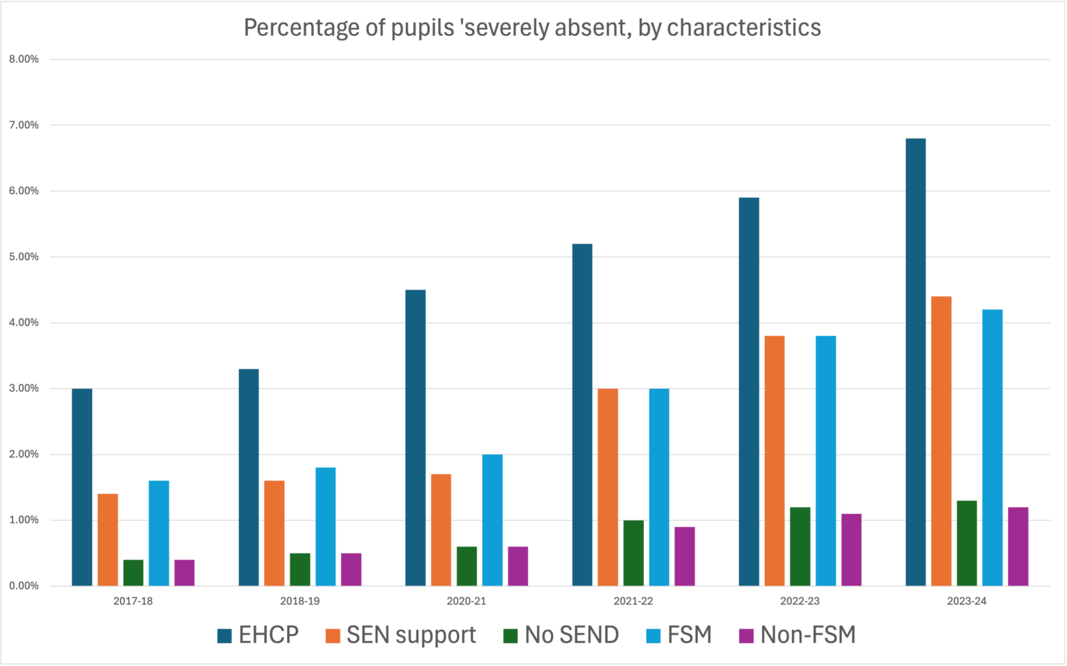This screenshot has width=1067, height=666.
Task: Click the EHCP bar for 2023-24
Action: tap(916, 362)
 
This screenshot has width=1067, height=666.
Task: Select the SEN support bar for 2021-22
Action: tap(608, 487)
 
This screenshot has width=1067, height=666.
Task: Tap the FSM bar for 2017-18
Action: tap(158, 533)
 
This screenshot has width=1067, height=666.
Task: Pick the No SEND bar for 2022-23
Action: tap(800, 547)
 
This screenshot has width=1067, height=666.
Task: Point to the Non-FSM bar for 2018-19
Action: tap(351, 569)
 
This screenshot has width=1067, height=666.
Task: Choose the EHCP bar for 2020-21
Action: tap(415, 438)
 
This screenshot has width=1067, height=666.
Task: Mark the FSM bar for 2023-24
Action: tap(993, 448)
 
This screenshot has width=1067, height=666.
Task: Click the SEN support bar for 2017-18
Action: tap(108, 540)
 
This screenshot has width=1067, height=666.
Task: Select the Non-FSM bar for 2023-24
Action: tap(1018, 547)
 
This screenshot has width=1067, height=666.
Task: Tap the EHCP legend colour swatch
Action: tap(224, 635)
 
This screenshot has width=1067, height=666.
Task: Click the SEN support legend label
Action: tap(411, 635)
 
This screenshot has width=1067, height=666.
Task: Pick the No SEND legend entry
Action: tap(561, 635)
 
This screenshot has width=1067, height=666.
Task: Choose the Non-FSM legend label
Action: tap(808, 635)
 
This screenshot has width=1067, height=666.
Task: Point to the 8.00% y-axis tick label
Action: tap(24, 60)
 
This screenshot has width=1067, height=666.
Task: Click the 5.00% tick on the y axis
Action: tap(24, 257)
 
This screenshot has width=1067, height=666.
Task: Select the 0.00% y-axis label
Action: tap(24, 586)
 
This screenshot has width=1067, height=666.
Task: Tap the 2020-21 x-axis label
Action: tap(466, 601)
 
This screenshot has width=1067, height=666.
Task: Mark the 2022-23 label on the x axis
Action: tap(800, 601)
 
